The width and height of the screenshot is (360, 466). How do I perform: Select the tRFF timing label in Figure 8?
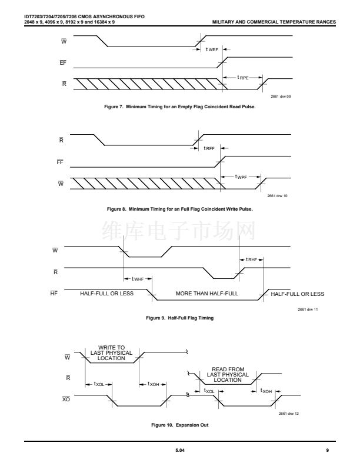pos(209,149)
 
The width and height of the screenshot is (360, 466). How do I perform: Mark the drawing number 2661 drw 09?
pos(281,96)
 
